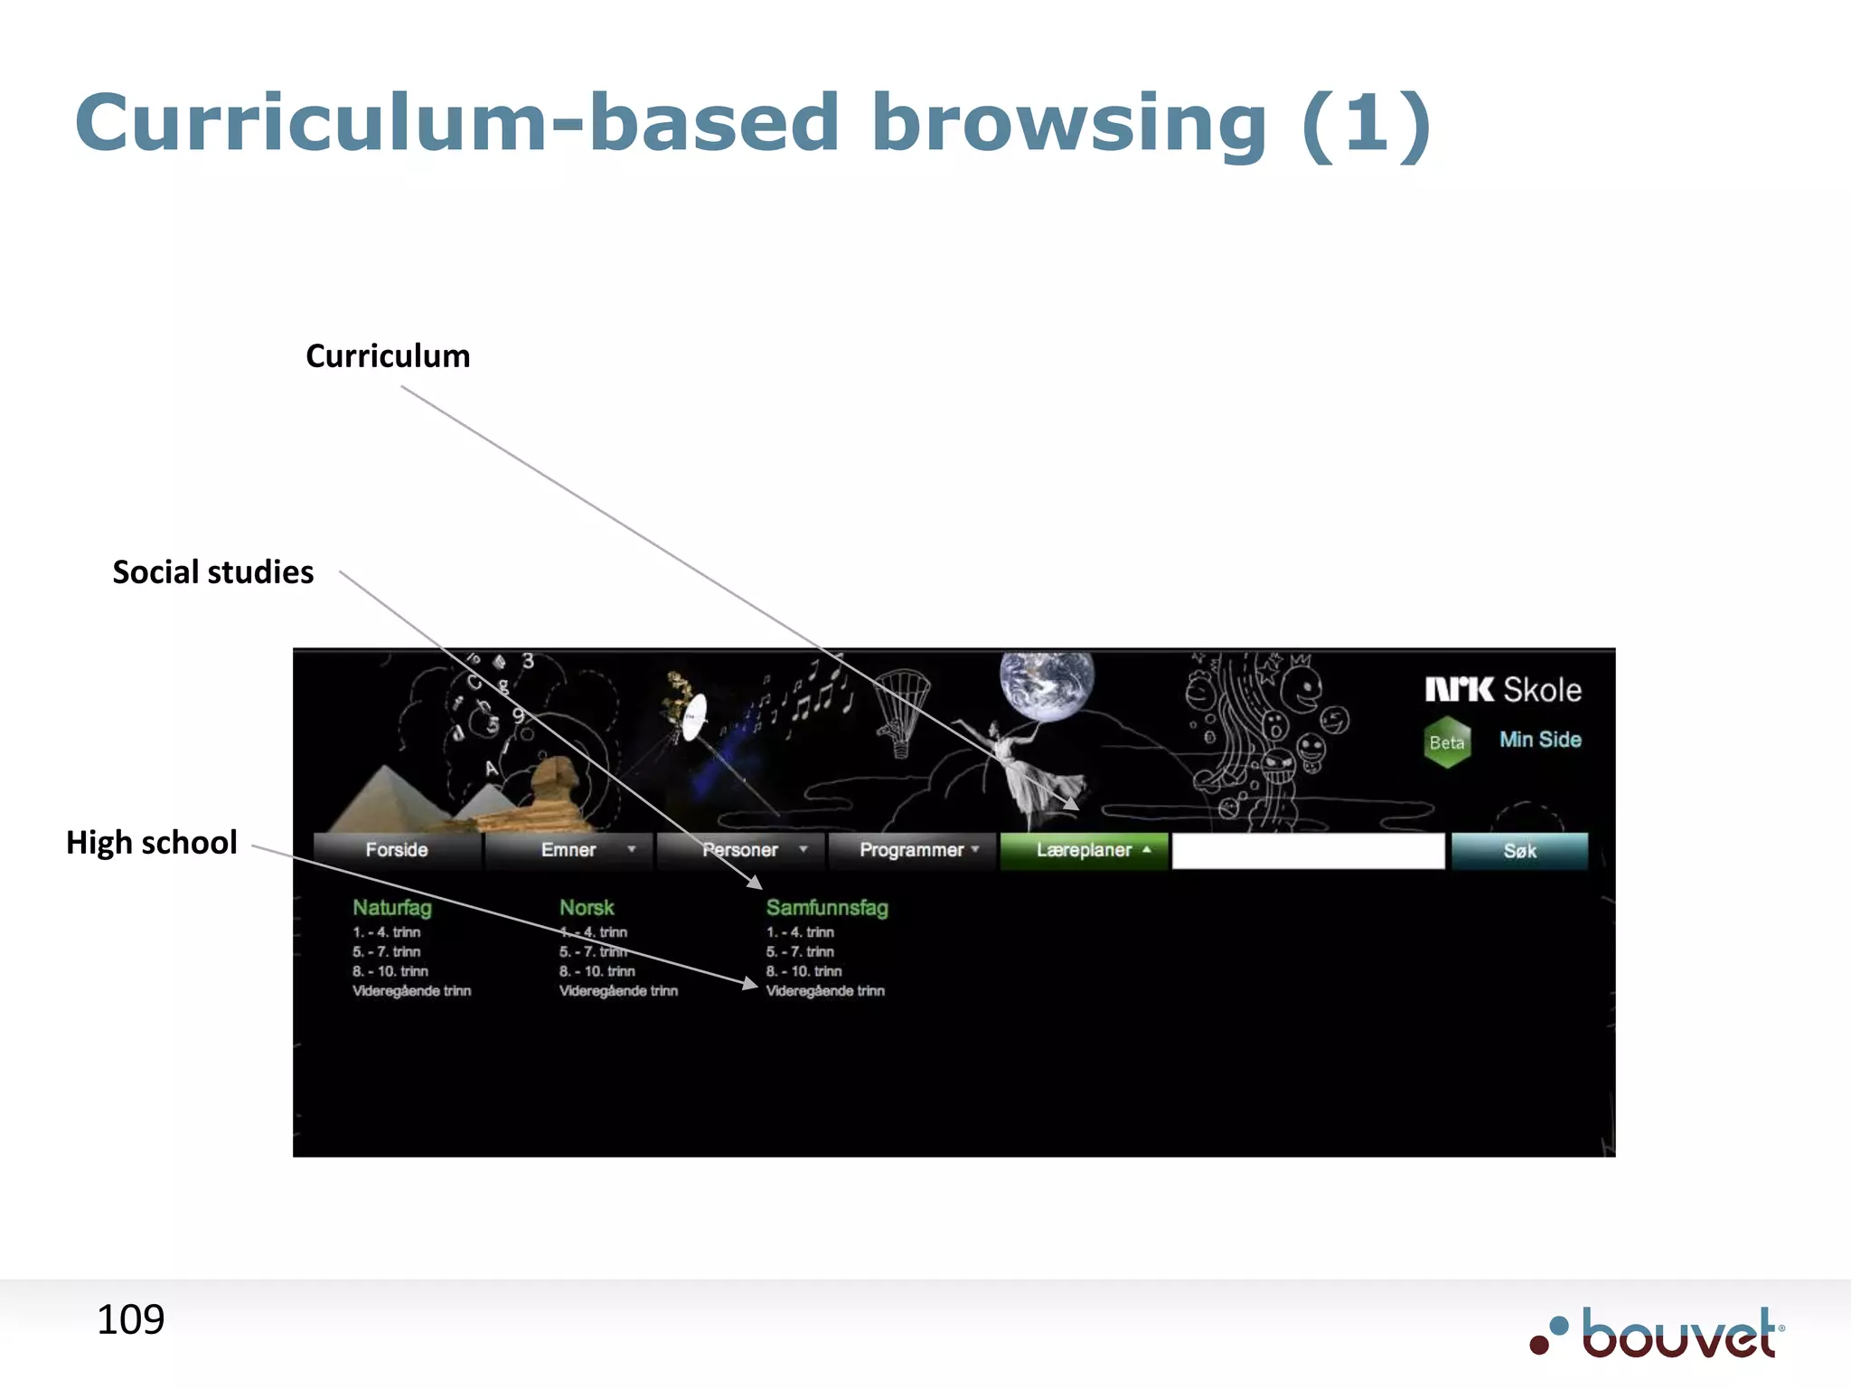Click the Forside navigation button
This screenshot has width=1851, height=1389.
click(397, 850)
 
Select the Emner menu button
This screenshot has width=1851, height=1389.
click(568, 850)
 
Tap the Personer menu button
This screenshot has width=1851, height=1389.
click(740, 850)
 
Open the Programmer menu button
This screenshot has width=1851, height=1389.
click(912, 850)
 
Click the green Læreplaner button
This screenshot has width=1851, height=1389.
click(1084, 850)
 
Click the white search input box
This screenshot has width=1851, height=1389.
click(1308, 851)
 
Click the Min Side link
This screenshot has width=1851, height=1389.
click(1540, 740)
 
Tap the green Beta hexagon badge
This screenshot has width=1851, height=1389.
click(1447, 742)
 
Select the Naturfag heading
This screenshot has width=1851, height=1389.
click(392, 907)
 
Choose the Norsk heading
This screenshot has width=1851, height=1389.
click(587, 907)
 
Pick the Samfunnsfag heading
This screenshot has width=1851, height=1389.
click(827, 907)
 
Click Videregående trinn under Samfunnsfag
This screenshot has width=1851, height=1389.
click(825, 991)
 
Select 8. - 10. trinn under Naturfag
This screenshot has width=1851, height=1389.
click(390, 971)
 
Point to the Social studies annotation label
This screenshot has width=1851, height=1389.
click(213, 572)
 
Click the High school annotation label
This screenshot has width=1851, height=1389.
click(152, 843)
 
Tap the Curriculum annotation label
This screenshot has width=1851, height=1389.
click(388, 356)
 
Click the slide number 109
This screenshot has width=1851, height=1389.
click(131, 1320)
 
